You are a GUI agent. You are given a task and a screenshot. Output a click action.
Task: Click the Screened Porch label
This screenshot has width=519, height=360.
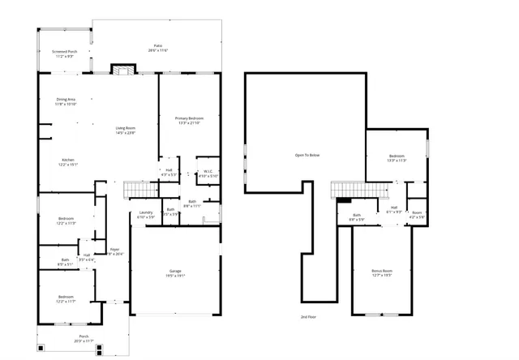[x=64, y=54]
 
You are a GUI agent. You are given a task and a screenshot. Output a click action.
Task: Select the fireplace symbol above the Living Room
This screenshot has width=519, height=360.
[x=122, y=71]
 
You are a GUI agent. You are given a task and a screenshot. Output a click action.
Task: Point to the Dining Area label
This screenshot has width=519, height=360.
[x=66, y=101]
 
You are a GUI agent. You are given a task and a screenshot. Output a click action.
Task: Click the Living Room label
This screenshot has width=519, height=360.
[x=124, y=131]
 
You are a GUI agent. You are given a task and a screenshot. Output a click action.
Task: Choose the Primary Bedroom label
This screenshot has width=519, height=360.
[x=189, y=121]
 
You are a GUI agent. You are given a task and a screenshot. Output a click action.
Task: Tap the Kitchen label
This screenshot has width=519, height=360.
[x=67, y=161]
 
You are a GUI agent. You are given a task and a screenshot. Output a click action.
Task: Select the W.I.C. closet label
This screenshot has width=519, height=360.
[x=208, y=173]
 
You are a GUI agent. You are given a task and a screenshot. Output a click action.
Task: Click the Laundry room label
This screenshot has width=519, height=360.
[x=146, y=216]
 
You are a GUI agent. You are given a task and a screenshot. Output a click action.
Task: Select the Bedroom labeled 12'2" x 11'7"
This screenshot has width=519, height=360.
[x=66, y=299]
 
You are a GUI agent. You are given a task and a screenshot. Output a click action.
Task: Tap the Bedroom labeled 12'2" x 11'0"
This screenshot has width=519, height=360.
[x=66, y=221]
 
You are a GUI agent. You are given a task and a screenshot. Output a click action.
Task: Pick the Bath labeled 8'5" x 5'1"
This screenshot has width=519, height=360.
[x=65, y=262]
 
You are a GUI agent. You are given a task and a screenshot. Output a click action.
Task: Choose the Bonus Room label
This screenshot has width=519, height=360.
[x=382, y=272]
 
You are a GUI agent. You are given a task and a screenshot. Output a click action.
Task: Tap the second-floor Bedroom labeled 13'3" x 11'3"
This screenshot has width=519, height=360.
[x=397, y=158]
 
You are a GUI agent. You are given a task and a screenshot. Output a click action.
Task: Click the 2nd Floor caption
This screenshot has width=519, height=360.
[x=309, y=316]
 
